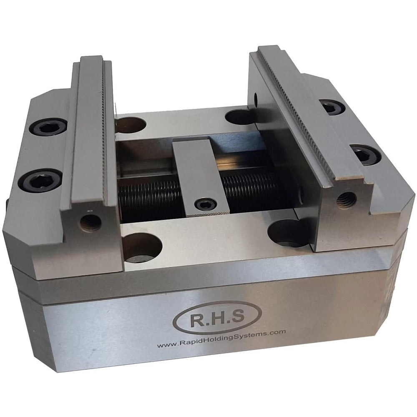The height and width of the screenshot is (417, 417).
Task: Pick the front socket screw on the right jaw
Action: click(x=365, y=155)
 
